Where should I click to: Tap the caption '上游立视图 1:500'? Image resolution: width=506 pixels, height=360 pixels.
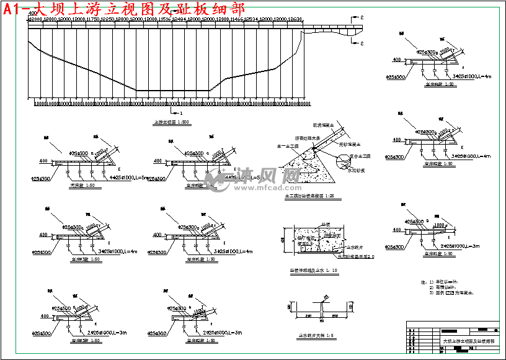[167, 122]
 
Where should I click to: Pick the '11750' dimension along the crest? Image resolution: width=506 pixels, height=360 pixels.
[93, 20]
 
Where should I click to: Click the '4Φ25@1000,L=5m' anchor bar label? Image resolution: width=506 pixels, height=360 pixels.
[128, 178]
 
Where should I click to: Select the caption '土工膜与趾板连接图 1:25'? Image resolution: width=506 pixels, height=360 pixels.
[308, 196]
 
